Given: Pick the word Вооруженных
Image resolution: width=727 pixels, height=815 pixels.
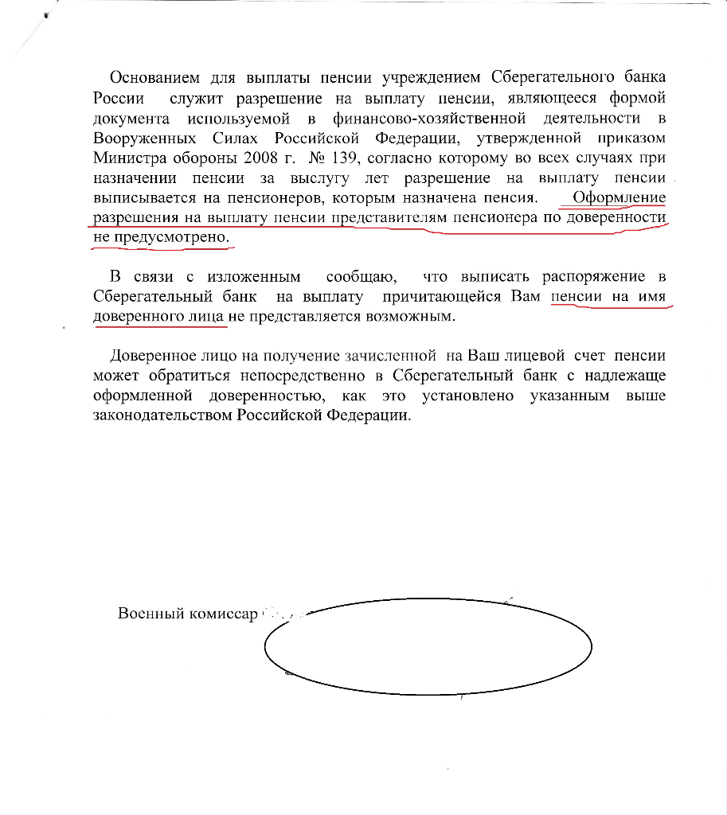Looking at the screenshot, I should [136, 138].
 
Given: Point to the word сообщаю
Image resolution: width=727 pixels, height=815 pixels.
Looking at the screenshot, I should [359, 277].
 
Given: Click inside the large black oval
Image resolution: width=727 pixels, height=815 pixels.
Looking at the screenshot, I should [428, 646].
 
